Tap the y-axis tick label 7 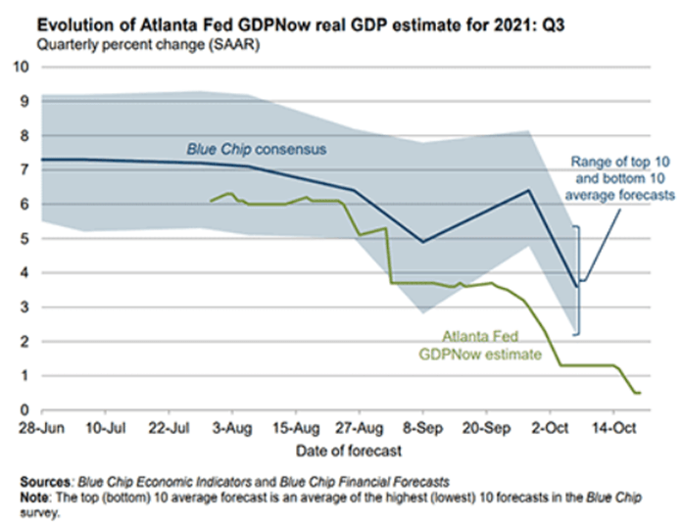coord(22,170)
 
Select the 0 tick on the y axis coord(22,410)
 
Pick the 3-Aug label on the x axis coord(232,428)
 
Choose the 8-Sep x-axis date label coord(422,428)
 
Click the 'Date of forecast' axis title coord(338,449)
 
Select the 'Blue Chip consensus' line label coord(257,150)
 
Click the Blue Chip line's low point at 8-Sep coord(422,241)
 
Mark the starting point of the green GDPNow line coord(211,200)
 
